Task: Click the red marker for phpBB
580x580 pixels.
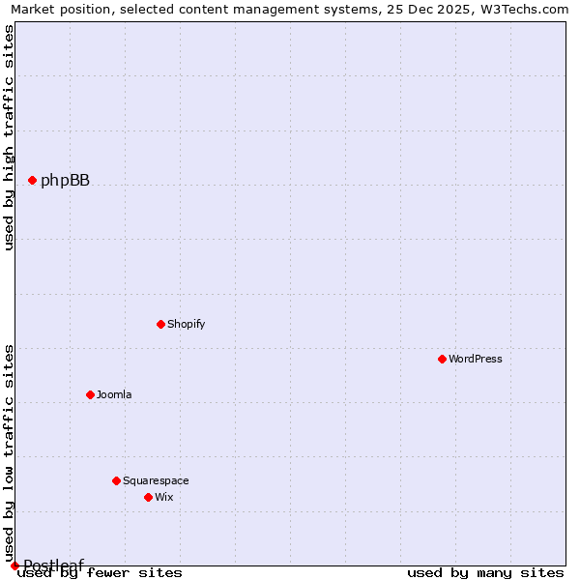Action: tap(32, 180)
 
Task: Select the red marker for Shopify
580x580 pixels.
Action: tap(160, 324)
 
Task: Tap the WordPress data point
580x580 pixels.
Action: tap(442, 359)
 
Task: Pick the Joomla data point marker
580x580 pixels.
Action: tap(90, 394)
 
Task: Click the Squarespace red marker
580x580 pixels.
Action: tap(116, 480)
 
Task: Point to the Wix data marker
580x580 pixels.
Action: tap(148, 497)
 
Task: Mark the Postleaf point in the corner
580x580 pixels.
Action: tap(14, 565)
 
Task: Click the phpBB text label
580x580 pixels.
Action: tap(65, 180)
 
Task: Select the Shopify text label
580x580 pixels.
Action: tap(186, 324)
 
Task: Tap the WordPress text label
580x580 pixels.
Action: tap(475, 359)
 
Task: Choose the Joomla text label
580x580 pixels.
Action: tap(114, 394)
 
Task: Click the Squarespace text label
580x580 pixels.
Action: tap(156, 480)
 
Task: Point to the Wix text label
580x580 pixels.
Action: tap(163, 497)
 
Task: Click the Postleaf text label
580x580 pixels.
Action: tap(53, 565)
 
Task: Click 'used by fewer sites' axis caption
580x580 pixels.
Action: tap(101, 572)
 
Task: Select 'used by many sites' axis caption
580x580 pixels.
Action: tap(485, 572)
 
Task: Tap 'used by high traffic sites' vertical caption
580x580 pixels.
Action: tap(9, 137)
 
